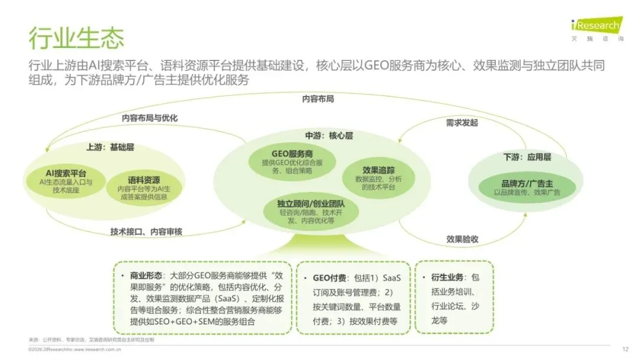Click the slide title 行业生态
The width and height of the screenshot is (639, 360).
point(76,38)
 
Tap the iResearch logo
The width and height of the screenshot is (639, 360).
point(596,27)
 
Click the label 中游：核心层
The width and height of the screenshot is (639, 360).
point(329,136)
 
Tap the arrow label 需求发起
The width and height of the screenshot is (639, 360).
point(461,123)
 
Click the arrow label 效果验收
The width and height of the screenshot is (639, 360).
point(462,239)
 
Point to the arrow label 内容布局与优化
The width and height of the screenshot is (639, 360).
point(150,118)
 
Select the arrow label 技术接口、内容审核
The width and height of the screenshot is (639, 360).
point(147,232)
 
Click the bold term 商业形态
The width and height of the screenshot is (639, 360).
point(148,276)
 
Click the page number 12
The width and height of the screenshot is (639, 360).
point(625,349)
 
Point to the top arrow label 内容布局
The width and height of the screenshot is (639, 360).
point(318,98)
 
